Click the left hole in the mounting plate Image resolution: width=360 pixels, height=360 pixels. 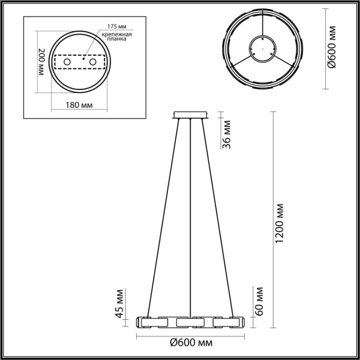(68, 62)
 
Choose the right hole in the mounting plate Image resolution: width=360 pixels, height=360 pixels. (93, 62)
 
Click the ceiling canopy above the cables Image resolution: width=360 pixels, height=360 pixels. (190, 115)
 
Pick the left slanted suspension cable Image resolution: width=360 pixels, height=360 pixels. (163, 216)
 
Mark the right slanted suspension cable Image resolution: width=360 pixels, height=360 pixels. (217, 216)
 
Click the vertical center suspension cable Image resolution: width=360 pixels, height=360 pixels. (190, 216)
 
